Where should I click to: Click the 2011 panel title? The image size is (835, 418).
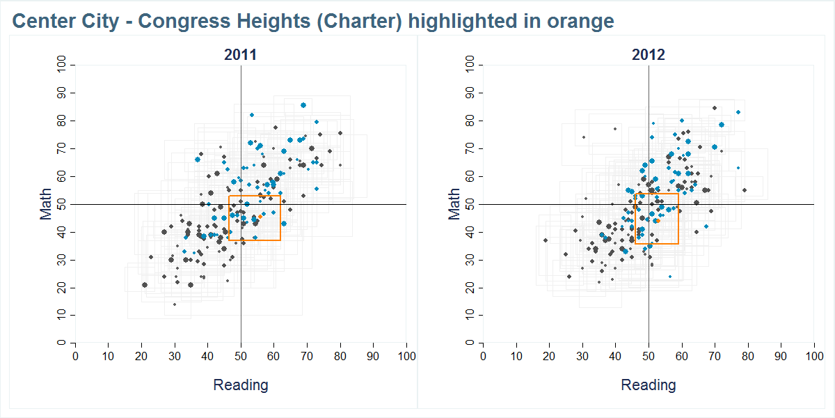click(240, 55)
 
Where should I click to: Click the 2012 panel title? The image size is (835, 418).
click(649, 55)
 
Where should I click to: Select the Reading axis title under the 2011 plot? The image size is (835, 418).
click(240, 385)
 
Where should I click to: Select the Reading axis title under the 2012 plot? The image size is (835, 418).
click(649, 385)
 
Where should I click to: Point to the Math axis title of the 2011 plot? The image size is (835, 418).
click(46, 204)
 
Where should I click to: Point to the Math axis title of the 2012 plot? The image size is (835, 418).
click(454, 204)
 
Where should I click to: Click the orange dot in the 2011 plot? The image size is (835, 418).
click(261, 217)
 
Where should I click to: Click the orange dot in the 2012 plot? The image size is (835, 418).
click(656, 220)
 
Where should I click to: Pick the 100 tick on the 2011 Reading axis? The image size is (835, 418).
click(406, 356)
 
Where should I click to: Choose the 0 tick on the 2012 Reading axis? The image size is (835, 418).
click(484, 356)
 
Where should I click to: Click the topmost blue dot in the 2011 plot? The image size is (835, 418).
click(303, 105)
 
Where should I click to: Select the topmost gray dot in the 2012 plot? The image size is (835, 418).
click(715, 108)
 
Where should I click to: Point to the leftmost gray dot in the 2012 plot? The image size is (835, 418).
click(546, 240)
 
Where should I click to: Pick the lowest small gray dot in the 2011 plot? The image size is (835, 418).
click(175, 304)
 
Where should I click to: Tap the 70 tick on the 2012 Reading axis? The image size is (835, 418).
click(715, 356)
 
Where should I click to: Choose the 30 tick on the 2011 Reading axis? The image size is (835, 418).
click(175, 356)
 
